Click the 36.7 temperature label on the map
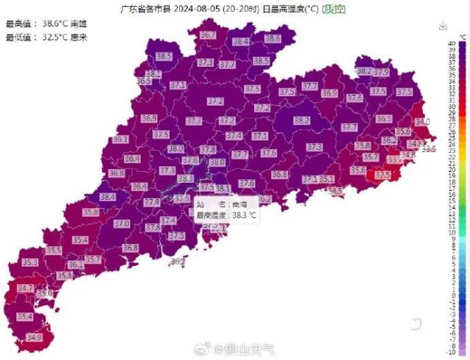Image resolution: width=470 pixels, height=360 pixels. coord(209,35)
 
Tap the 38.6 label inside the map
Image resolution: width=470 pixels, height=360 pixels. coord(273,38)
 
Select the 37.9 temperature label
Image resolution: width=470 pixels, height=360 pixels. coord(380,72)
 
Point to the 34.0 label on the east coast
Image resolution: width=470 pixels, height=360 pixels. coord(422,121)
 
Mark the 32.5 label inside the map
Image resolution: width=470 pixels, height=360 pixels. coord(383,175)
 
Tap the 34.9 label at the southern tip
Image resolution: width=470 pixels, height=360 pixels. coord(34,338)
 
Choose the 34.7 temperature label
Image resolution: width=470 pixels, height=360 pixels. coord(25,289)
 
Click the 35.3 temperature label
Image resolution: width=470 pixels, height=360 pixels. coord(30,262)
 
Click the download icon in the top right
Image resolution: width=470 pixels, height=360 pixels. coord(443,26)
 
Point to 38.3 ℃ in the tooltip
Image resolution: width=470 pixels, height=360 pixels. coord(245,215)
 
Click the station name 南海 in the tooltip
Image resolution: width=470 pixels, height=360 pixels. coord(239,204)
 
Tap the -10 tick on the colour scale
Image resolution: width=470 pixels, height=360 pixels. coord(456,352)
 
